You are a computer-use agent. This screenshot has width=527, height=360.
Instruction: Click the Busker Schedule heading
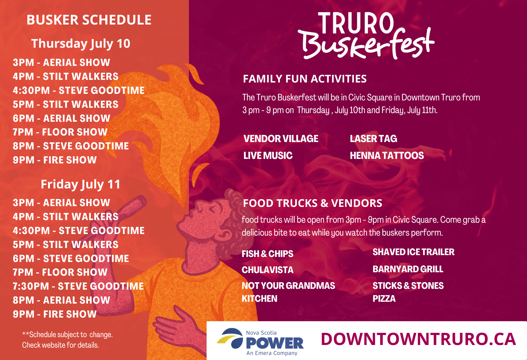click(89, 20)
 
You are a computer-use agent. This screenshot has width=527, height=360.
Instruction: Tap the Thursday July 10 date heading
click(81, 44)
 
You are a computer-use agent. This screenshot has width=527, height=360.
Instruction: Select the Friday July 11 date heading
click(81, 184)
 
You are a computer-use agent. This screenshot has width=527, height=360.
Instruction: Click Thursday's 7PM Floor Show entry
click(60, 132)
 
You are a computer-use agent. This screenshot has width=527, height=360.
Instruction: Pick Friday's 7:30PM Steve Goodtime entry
click(78, 286)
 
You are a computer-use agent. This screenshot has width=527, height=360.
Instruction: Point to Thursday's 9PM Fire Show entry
click(55, 160)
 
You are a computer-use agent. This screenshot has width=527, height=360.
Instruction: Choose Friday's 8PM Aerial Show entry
click(61, 300)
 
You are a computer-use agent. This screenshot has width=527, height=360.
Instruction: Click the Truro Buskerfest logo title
click(366, 36)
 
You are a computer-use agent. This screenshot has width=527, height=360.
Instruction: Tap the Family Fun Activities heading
click(305, 79)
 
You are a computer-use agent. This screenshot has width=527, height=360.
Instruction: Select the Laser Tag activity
click(373, 139)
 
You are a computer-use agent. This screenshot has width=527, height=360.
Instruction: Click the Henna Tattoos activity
click(387, 155)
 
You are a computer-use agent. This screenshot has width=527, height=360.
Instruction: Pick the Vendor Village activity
click(281, 139)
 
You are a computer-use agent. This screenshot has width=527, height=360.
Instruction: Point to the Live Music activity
click(268, 155)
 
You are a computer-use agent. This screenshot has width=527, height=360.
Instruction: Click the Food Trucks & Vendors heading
click(313, 203)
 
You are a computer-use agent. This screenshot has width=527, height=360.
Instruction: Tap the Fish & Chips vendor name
click(267, 254)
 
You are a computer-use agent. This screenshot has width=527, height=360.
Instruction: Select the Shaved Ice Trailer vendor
click(413, 252)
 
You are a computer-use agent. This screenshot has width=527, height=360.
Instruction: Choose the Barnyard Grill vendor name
click(408, 269)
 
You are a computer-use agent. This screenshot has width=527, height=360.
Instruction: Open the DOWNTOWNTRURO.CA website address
click(418, 339)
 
